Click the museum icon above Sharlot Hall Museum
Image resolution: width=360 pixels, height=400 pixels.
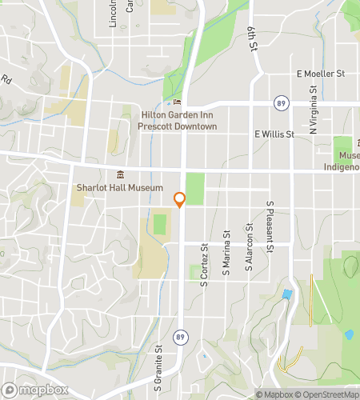pyautogui.click(x=120, y=175)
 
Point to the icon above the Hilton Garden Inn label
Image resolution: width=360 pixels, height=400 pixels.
pyautogui.click(x=178, y=102)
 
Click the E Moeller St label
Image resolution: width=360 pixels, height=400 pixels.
pyautogui.click(x=319, y=74)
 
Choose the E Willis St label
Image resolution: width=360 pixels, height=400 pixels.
pyautogui.click(x=274, y=134)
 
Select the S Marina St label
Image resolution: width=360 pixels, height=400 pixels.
pyautogui.click(x=227, y=250)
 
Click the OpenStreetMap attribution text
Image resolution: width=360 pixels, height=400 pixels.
pyautogui.click(x=326, y=394)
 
